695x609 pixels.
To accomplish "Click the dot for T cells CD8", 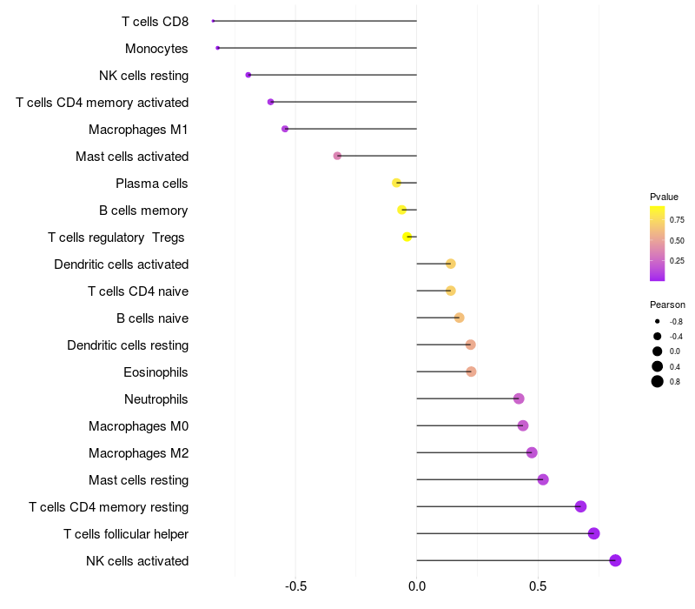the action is click(x=213, y=21).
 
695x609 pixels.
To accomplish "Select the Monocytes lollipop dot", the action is click(x=218, y=48).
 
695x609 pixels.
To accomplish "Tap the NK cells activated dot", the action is click(x=615, y=560).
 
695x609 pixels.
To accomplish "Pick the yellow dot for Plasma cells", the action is click(x=396, y=183).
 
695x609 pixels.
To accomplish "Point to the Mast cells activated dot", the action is click(x=337, y=156).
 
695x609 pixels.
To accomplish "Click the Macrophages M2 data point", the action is click(x=532, y=452).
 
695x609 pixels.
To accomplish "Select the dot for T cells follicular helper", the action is click(x=594, y=533).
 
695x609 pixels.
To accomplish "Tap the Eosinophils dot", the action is click(x=471, y=371).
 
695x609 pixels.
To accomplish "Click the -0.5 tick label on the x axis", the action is click(x=295, y=586).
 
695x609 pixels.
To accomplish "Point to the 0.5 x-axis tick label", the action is click(x=538, y=586).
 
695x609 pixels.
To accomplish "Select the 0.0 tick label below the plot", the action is click(x=417, y=586).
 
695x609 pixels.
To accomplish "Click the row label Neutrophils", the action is click(x=156, y=399).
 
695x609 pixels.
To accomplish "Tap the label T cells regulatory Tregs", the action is click(x=116, y=238).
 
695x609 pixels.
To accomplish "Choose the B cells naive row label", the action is click(x=153, y=318).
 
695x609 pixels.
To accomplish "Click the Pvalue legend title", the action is click(x=664, y=197).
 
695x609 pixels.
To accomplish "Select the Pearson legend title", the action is click(x=667, y=304).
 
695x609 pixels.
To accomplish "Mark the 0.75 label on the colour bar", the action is click(x=677, y=220).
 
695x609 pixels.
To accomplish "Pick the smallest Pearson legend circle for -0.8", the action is click(x=658, y=321).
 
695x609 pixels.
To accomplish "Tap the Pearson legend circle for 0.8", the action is click(x=658, y=381).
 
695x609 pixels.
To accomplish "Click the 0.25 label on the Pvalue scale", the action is click(x=677, y=260).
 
